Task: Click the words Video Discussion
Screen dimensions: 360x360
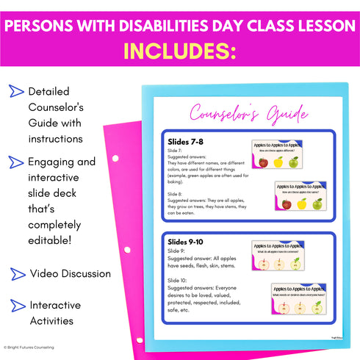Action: click(x=71, y=274)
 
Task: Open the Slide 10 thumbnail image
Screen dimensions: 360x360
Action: click(x=298, y=299)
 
